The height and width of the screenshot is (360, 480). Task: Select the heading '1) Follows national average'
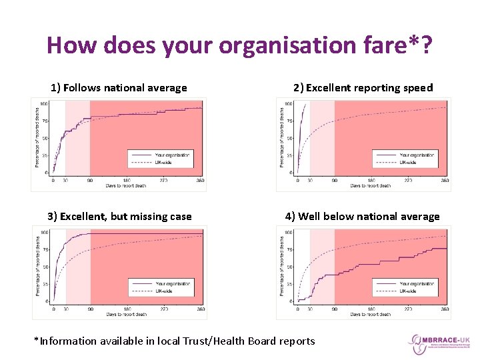(119, 88)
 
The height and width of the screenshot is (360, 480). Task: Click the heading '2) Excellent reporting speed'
(363, 88)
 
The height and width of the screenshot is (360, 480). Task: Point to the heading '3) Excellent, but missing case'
(119, 217)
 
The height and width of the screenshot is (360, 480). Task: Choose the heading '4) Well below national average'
(363, 217)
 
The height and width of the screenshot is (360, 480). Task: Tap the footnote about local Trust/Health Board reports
(175, 341)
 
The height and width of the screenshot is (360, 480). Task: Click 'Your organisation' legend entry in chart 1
(172, 155)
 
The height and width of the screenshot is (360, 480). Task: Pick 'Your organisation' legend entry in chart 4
(417, 284)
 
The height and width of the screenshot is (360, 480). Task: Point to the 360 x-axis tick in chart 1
(201, 181)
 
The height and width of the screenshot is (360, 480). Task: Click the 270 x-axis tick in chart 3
(164, 309)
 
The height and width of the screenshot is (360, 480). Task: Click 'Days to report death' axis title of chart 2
(370, 186)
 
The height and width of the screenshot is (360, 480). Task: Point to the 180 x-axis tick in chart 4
(371, 309)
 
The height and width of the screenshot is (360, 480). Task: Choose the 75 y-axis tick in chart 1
(44, 121)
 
